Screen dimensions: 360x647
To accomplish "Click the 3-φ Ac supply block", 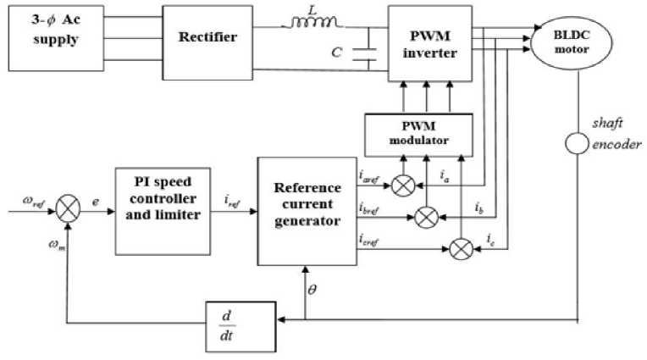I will click(x=56, y=38).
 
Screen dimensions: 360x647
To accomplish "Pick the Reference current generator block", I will click(x=307, y=208).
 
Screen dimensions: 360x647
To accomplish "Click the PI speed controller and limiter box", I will click(x=159, y=208).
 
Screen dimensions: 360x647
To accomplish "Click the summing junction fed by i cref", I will click(x=460, y=248).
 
